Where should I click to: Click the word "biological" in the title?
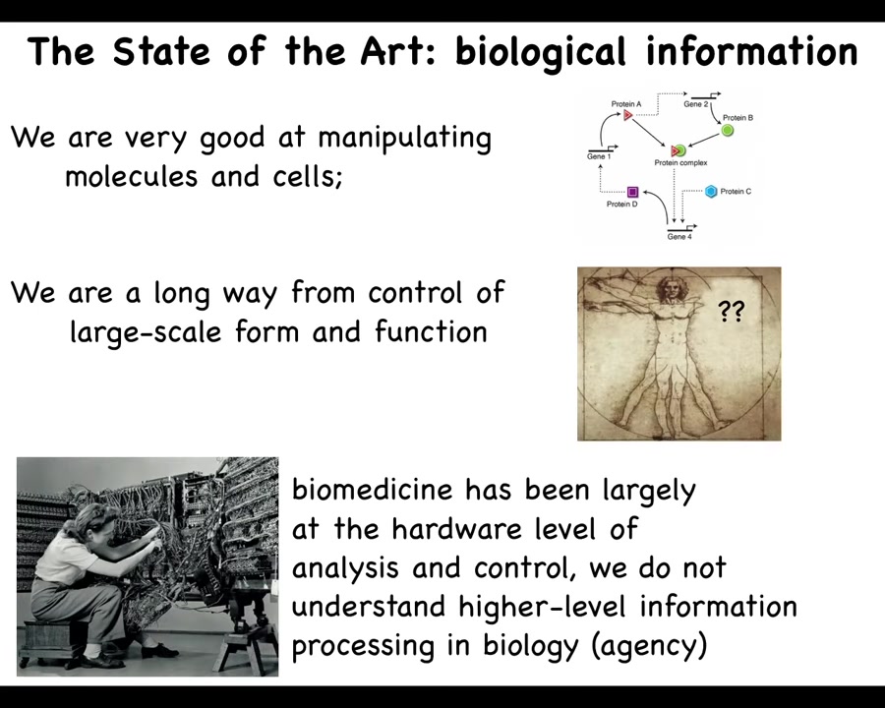541,52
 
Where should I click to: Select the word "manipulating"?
405,139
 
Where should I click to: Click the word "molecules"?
132,176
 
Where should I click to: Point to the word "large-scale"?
146,331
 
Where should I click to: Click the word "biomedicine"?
373,489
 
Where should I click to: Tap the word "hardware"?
457,528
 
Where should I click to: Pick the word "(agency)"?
650,646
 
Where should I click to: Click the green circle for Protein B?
728,131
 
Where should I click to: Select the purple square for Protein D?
632,192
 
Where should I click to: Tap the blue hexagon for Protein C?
712,192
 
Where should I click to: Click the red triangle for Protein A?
627,115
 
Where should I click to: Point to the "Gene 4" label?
678,237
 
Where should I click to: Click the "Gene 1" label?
599,156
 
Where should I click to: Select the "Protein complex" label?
680,162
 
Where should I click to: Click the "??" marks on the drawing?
731,311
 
